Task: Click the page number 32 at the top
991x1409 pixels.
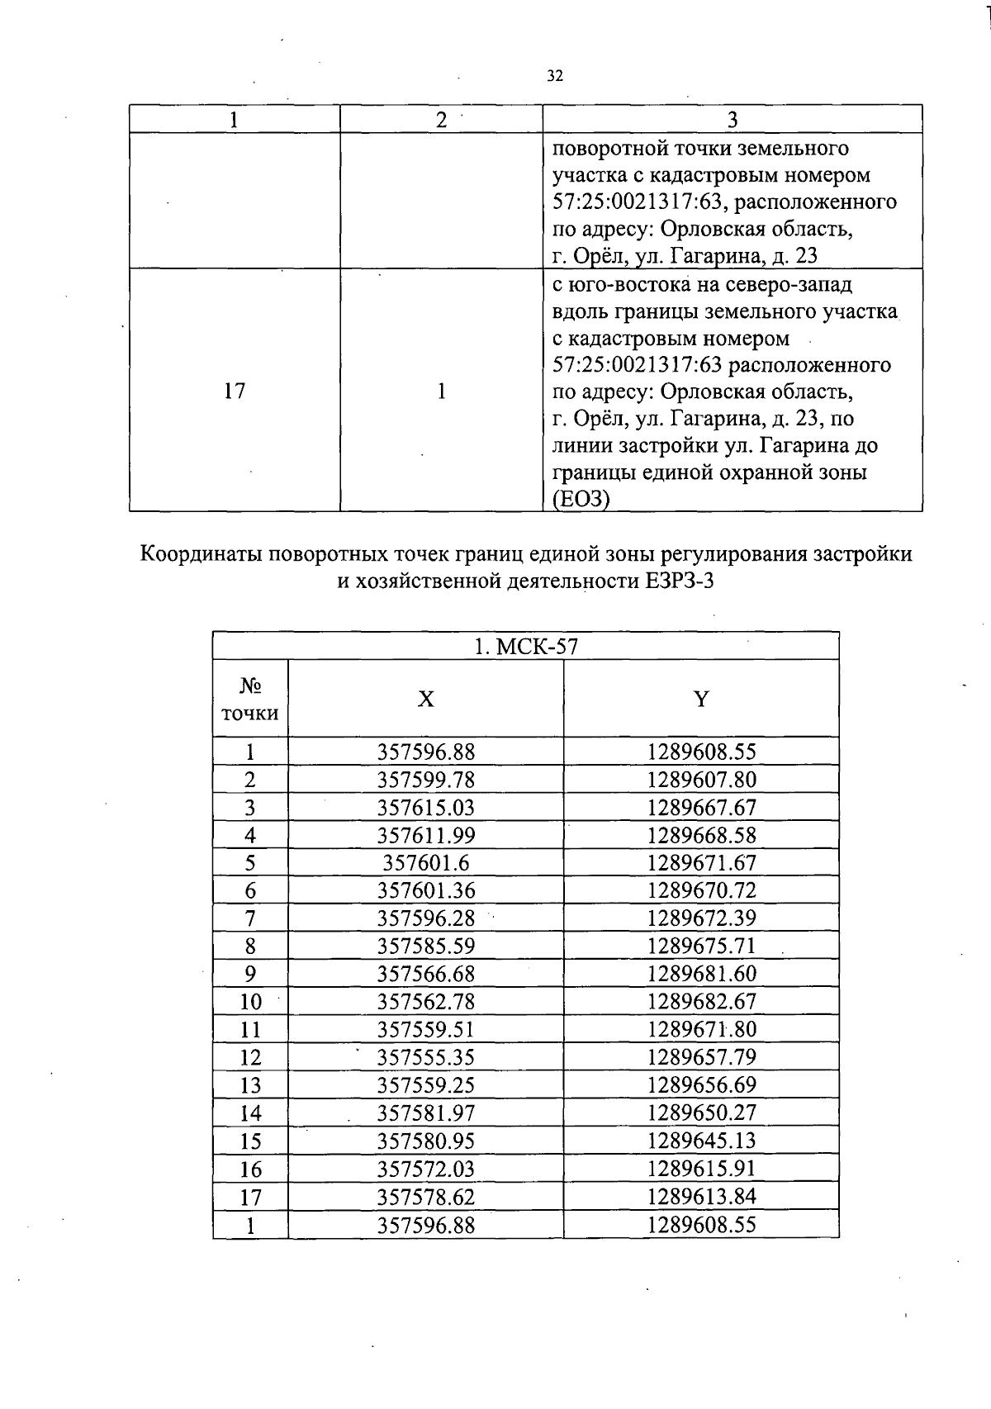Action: click(554, 76)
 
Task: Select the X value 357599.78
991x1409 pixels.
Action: click(426, 780)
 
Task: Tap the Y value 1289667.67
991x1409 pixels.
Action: click(701, 808)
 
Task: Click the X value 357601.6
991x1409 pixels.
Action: click(426, 863)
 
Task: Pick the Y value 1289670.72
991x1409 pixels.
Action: click(701, 890)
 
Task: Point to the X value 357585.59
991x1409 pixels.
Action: click(426, 946)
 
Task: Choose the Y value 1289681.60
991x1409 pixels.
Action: click(701, 974)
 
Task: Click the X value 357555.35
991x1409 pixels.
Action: click(426, 1057)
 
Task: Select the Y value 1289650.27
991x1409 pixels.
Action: click(701, 1112)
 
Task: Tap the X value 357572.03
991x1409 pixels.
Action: click(426, 1169)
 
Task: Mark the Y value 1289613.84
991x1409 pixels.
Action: click(701, 1196)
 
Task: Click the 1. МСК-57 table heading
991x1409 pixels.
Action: click(525, 647)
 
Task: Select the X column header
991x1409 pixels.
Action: click(425, 700)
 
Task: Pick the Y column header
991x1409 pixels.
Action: click(700, 700)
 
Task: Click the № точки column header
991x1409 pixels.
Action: click(250, 700)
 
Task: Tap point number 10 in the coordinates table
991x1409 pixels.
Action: click(250, 1002)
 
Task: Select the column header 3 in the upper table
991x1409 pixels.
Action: click(732, 120)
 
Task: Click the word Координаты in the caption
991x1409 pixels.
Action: click(203, 553)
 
